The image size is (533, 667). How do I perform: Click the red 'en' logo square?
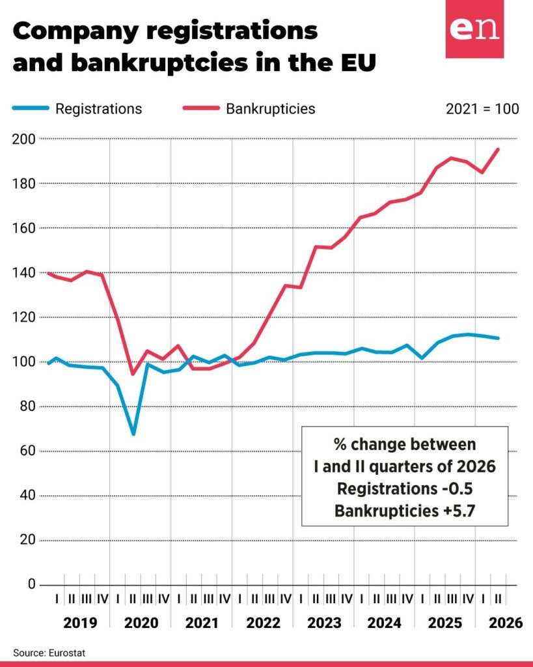[474, 29]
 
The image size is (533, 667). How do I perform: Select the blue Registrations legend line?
[31, 108]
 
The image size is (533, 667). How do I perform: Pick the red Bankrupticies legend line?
[201, 108]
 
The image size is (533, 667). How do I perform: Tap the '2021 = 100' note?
[482, 109]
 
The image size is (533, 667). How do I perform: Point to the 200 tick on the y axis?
[24, 139]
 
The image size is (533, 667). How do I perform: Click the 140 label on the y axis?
[24, 273]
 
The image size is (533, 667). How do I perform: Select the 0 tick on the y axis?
[31, 584]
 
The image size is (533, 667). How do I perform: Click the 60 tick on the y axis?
[27, 451]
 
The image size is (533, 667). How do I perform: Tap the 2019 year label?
[80, 623]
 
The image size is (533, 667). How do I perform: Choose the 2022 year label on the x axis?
[263, 623]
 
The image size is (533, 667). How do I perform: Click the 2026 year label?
[506, 623]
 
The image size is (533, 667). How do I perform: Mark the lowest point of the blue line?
[133, 434]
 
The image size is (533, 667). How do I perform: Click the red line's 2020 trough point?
[133, 374]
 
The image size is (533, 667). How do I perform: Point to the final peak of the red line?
[498, 149]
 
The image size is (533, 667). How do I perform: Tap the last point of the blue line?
[498, 338]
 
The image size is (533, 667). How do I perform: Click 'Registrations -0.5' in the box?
[405, 489]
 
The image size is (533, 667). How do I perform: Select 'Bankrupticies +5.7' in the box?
[405, 511]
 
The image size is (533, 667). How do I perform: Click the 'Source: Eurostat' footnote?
[49, 653]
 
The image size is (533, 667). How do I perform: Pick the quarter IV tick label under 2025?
[467, 599]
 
